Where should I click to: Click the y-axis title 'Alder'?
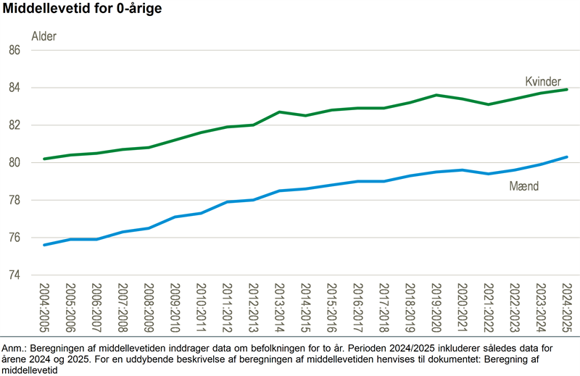[43, 35]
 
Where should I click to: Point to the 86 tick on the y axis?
[34, 51]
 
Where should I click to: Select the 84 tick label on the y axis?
[34, 88]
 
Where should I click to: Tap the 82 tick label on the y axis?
[34, 125]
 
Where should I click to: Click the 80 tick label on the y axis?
[34, 163]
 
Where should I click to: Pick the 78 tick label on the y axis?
[34, 200]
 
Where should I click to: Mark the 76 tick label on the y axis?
[34, 238]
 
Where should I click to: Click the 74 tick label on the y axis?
[34, 275]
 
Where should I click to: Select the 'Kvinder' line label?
[543, 80]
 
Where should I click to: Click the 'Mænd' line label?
[525, 186]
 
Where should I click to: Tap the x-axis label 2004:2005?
[44, 308]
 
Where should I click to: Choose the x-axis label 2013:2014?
[279, 308]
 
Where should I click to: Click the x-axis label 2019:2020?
[436, 308]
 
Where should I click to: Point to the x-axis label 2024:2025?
[566, 308]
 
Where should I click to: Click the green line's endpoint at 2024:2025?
[566, 89]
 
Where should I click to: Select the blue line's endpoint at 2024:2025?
[566, 156]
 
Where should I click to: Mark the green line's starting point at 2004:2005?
[44, 159]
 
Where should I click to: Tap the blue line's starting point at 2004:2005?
[44, 245]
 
